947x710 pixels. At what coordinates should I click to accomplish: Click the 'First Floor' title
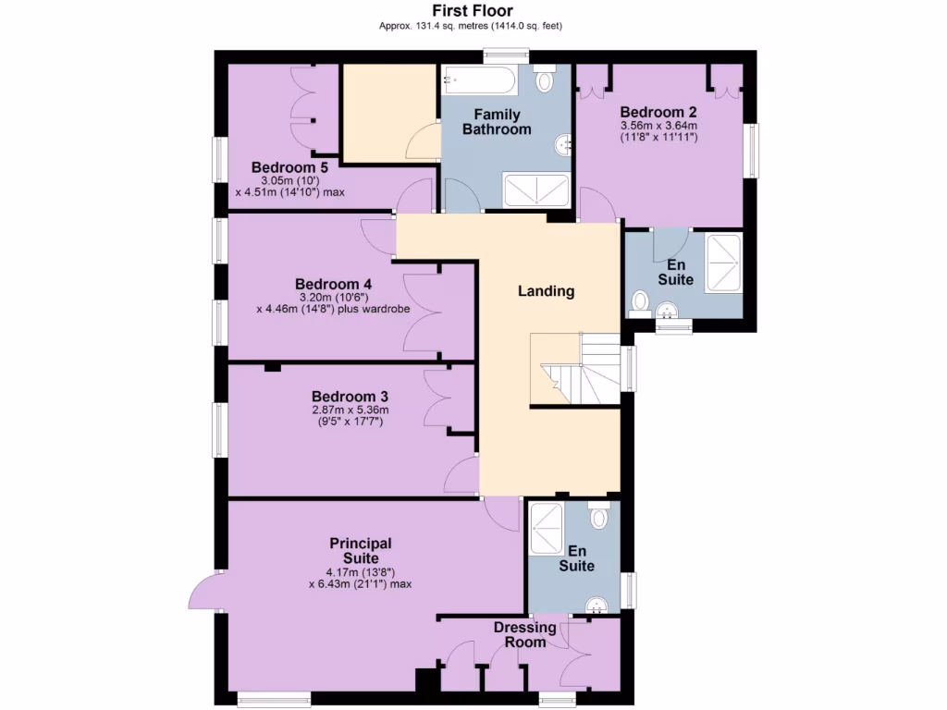click(473, 10)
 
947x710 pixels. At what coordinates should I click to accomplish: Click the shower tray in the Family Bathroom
click(535, 190)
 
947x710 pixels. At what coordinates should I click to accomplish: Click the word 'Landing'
click(546, 291)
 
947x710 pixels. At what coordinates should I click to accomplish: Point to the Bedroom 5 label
click(289, 167)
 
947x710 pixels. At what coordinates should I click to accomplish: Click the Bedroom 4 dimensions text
click(333, 303)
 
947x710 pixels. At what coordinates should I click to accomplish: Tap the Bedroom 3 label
click(343, 396)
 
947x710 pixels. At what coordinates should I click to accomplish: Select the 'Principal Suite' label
click(361, 551)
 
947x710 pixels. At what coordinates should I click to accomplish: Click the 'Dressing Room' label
click(524, 635)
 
